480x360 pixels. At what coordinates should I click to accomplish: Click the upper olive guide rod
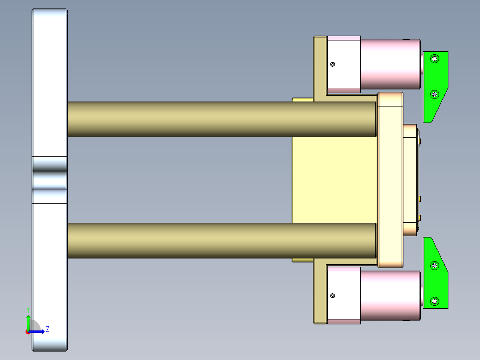click(223, 119)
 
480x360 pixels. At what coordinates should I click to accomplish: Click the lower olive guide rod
click(223, 240)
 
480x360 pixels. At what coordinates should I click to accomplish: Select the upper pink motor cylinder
click(390, 64)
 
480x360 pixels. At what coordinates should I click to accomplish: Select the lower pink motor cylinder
click(390, 295)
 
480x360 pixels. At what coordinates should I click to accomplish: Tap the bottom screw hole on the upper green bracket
click(435, 94)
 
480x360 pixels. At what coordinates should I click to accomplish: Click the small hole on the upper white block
click(333, 64)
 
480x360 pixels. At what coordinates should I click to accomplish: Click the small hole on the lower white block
click(333, 295)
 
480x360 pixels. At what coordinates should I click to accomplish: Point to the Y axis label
click(28, 309)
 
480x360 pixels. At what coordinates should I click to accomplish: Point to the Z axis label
click(47, 329)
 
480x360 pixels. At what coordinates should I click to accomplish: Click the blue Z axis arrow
click(38, 331)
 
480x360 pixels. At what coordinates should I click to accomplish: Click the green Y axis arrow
click(28, 322)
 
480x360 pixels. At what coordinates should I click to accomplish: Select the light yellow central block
click(334, 178)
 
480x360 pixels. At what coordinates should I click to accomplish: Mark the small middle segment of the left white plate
click(49, 180)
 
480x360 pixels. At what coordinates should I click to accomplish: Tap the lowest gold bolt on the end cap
click(420, 217)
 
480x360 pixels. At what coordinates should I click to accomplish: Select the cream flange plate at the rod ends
click(390, 178)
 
